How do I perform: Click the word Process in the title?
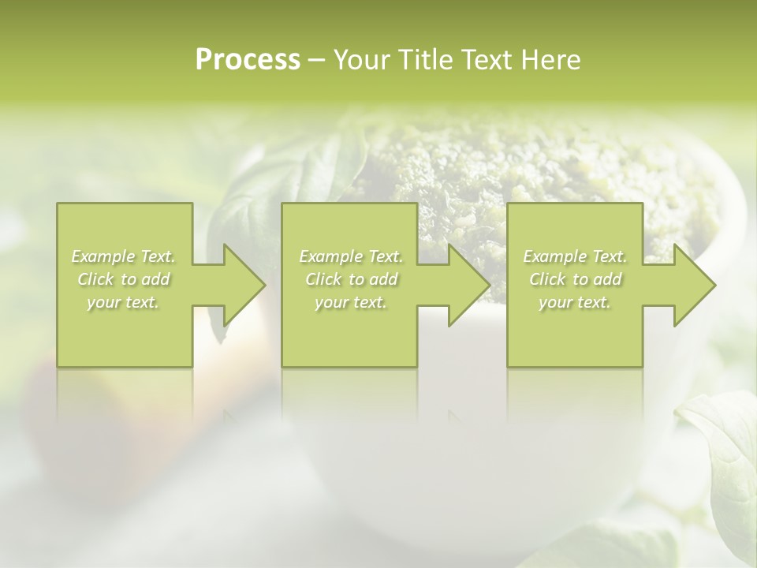248,60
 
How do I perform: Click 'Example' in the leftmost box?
103,256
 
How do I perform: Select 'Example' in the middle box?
330,256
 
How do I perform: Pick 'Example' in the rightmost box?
554,256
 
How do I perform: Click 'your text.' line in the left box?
123,302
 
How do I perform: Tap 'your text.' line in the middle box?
350,302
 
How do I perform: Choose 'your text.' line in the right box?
575,302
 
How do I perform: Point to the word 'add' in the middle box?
383,279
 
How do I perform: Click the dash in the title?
316,61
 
